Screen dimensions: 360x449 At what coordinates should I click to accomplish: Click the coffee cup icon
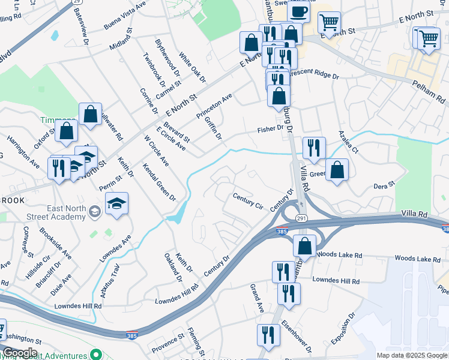(x=298, y=10)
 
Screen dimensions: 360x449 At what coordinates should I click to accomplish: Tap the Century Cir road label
(x=248, y=200)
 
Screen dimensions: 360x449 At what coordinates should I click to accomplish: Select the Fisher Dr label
(x=270, y=129)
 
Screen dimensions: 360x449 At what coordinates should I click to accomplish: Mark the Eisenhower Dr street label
(x=300, y=338)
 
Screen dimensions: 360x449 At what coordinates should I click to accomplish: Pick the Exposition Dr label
(x=343, y=329)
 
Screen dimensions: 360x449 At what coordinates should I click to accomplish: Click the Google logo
(x=19, y=353)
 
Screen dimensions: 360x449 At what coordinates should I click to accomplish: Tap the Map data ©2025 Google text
(x=412, y=355)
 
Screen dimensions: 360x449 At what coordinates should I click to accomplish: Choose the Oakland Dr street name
(x=173, y=266)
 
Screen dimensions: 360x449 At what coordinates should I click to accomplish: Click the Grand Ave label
(x=257, y=299)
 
